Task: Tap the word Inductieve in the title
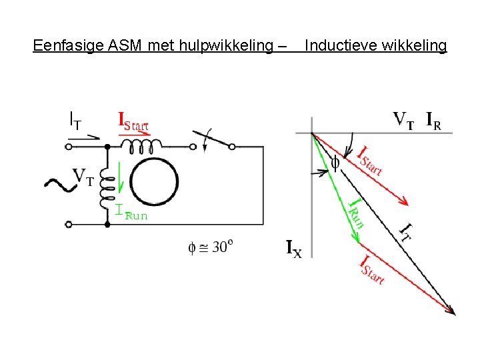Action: (x=339, y=46)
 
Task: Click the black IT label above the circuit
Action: (x=76, y=121)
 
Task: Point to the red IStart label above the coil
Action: (x=133, y=121)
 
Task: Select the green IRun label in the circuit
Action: (x=131, y=213)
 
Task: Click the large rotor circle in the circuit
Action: (x=153, y=181)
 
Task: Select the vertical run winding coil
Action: (x=105, y=186)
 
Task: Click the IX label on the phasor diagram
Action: (x=294, y=249)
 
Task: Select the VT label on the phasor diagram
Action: (x=404, y=120)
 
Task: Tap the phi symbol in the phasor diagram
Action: (x=335, y=162)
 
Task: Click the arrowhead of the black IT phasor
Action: (x=452, y=311)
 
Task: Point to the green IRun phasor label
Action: (x=357, y=213)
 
